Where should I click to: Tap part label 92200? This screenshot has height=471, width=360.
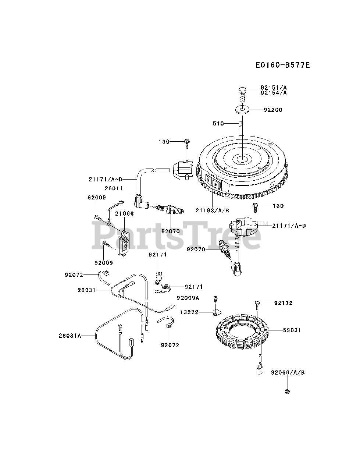(273, 110)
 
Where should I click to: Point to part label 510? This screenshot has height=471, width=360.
(218, 124)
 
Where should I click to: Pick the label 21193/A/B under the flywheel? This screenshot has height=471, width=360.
(213, 210)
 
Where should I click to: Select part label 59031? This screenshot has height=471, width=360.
(292, 330)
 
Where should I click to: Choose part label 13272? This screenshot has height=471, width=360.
(189, 312)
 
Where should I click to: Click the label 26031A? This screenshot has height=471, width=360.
(69, 336)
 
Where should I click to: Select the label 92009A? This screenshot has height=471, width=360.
(188, 298)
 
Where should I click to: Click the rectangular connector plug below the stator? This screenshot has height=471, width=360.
(259, 370)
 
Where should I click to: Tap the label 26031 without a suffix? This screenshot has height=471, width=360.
(87, 290)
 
